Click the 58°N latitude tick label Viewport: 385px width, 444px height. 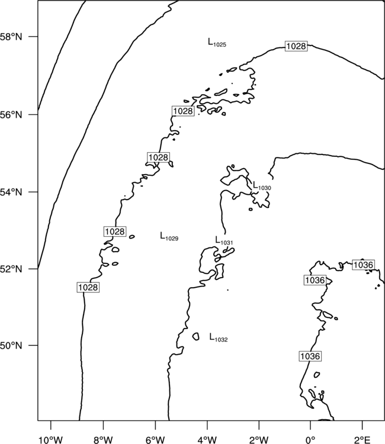click(11, 37)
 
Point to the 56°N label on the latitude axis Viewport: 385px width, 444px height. click(11, 115)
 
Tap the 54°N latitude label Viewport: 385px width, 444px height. click(11, 192)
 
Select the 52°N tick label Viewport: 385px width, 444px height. click(11, 269)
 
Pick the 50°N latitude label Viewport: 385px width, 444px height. click(11, 346)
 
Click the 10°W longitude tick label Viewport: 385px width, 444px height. click(51, 440)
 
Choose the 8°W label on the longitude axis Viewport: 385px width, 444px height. click(103, 440)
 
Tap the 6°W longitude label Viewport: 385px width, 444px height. click(155, 440)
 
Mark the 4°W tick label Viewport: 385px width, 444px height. click(207, 440)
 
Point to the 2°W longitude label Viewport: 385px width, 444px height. click(259, 440)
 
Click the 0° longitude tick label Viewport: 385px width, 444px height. click(310, 440)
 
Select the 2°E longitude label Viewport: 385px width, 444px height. click(362, 440)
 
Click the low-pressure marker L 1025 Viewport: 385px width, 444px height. click(217, 43)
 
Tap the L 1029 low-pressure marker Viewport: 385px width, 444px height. click(169, 236)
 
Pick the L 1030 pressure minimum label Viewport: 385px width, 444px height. click(262, 186)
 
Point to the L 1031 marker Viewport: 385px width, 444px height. click(224, 240)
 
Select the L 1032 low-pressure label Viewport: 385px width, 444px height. click(219, 337)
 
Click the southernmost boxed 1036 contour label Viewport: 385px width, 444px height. click(310, 356)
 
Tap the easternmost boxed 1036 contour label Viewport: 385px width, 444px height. click(364, 265)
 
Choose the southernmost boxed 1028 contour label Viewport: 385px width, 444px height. click(88, 287)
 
